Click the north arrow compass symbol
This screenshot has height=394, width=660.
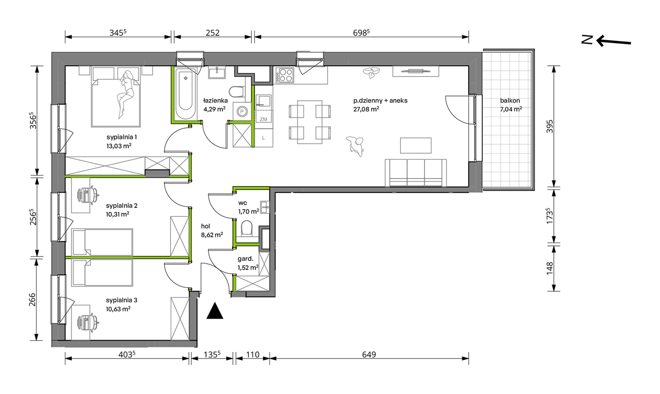(x=606, y=40)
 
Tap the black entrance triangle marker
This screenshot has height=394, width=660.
(x=215, y=311)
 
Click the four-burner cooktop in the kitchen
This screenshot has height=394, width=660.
(x=285, y=75)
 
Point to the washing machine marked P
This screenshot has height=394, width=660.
(x=242, y=112)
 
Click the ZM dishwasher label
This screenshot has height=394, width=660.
(x=264, y=119)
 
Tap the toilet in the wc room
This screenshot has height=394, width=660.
(x=247, y=228)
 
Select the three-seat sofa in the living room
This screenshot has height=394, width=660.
(x=415, y=173)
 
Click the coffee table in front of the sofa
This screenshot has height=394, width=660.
(x=415, y=145)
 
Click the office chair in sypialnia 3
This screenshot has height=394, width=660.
(x=88, y=322)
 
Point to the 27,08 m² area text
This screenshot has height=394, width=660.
(x=366, y=109)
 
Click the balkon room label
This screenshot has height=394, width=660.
(x=510, y=100)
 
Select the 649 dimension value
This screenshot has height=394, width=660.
(x=369, y=354)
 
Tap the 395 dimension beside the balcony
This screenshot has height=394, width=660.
(x=549, y=127)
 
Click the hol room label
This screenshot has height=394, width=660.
(x=205, y=226)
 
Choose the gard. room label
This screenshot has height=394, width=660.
(x=245, y=259)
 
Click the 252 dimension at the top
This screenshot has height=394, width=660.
(x=213, y=33)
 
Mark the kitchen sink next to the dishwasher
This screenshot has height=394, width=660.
(x=263, y=101)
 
